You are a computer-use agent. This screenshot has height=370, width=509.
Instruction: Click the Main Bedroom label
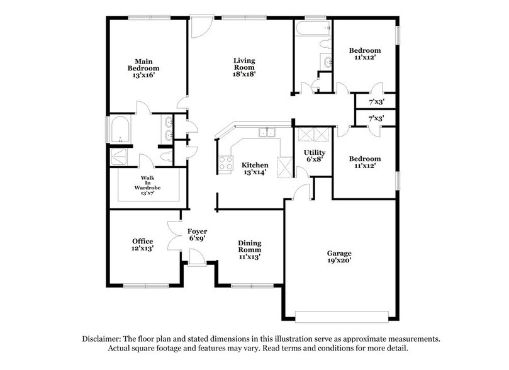(x=143, y=68)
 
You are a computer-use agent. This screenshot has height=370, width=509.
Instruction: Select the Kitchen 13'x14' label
(x=255, y=169)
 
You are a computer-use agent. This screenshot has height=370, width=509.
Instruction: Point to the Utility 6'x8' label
(x=315, y=156)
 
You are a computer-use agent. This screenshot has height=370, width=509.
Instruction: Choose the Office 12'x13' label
(x=143, y=245)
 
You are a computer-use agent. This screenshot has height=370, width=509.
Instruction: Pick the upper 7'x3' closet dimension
(x=376, y=101)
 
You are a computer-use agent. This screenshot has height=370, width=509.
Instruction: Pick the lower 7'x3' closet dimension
(x=376, y=118)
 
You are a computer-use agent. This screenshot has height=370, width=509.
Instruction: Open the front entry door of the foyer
(x=198, y=257)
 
